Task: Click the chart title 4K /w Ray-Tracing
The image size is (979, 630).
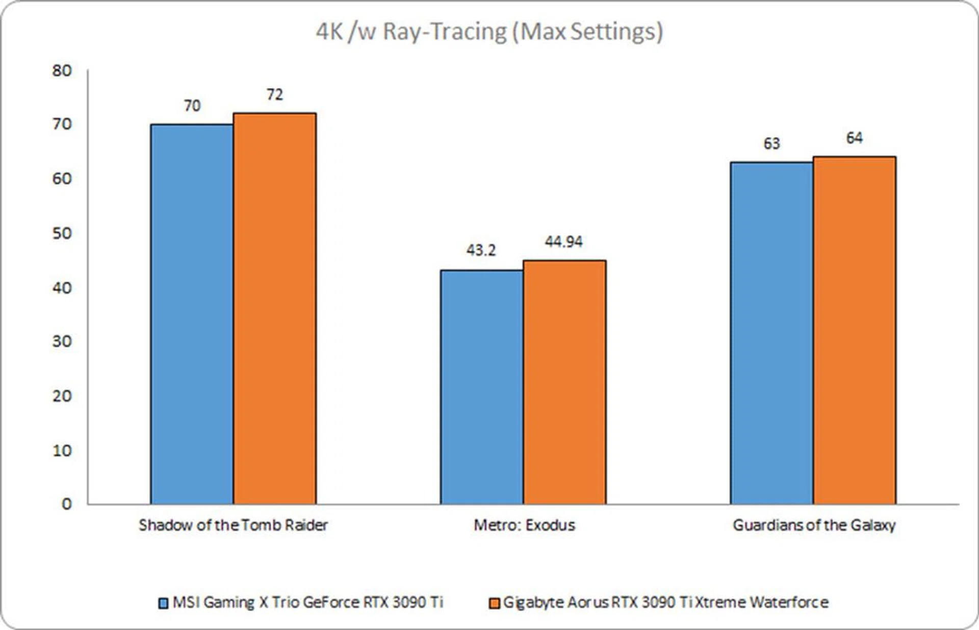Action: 489,32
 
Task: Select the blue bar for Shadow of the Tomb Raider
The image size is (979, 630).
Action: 192,314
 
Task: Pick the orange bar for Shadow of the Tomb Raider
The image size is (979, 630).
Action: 274,308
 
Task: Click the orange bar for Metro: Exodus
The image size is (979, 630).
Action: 564,382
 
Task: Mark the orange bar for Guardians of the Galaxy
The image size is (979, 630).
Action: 854,330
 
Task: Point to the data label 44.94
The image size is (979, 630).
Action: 563,241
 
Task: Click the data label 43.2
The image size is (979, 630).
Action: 481,250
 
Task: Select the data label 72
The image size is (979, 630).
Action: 274,94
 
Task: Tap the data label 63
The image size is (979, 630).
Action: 771,144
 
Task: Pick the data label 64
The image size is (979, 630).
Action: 854,138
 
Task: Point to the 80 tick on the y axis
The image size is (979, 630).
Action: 62,70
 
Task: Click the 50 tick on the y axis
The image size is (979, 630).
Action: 62,233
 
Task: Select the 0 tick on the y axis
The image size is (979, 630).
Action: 66,504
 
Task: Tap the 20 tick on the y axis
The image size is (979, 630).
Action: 62,396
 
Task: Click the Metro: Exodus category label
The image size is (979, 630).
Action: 524,525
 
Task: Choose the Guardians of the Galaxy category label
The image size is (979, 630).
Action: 814,525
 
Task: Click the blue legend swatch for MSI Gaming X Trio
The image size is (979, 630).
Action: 163,603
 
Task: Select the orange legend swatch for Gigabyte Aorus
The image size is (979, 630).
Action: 494,603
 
